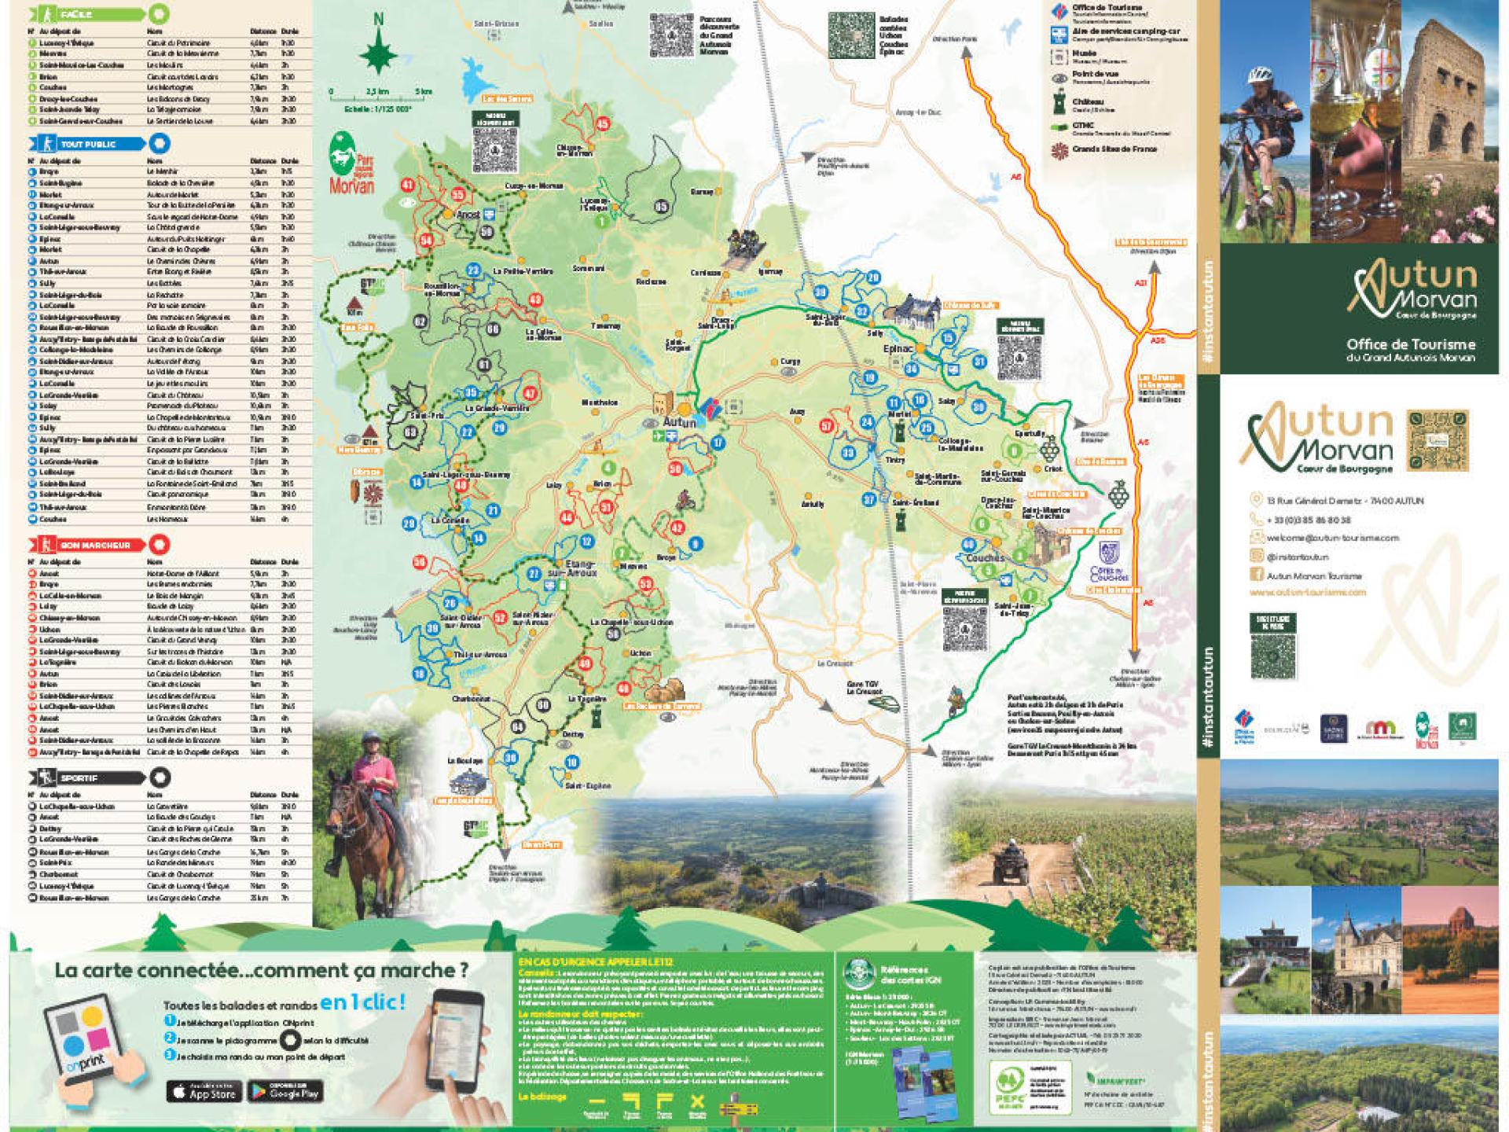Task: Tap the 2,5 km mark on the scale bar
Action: [x=378, y=92]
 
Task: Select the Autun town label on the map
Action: [x=679, y=422]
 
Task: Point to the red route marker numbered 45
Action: [x=603, y=124]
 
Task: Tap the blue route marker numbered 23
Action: [x=473, y=270]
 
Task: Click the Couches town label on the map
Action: [x=985, y=557]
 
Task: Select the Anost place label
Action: [x=468, y=213]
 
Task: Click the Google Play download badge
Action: [x=285, y=1091]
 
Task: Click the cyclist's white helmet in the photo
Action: [x=1259, y=74]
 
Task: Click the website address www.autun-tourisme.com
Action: [x=1308, y=593]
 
